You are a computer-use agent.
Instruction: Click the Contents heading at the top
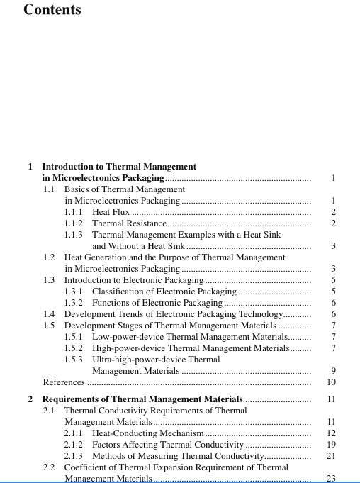tap(52, 10)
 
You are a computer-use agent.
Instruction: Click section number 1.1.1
tap(74, 212)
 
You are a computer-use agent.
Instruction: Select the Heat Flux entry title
tap(111, 212)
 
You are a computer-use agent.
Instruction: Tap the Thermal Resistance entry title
tap(129, 223)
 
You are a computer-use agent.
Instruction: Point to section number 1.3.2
tap(74, 303)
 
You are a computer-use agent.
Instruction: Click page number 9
tap(332, 371)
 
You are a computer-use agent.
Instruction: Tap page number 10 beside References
tap(331, 382)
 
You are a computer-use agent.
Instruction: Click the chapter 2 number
tap(30, 400)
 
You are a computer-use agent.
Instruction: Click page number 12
tap(331, 433)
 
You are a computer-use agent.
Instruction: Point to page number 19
tap(331, 445)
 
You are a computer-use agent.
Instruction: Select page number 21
tap(331, 456)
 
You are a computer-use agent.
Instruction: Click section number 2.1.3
tap(74, 456)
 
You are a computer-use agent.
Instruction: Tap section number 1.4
tap(49, 314)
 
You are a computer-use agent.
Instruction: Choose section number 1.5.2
tap(74, 348)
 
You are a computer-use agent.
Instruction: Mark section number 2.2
tap(49, 467)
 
